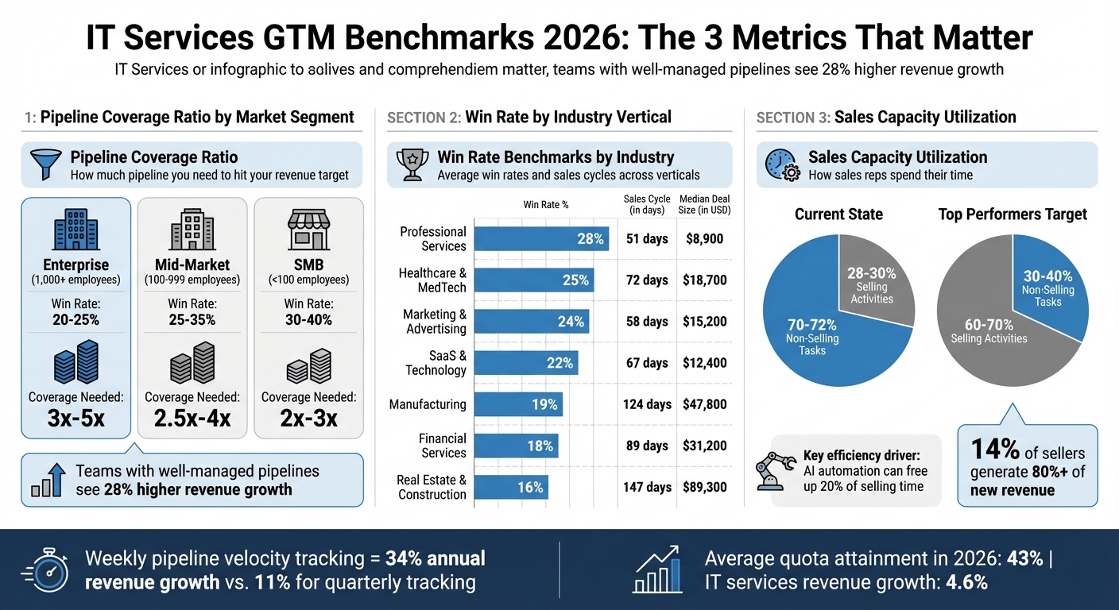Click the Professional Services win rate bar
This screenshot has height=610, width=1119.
540,239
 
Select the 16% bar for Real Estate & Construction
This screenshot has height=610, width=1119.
510,487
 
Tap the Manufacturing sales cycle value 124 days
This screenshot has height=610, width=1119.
647,404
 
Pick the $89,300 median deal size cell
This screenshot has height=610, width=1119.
704,487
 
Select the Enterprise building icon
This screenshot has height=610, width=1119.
76,230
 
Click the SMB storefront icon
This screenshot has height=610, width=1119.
308,230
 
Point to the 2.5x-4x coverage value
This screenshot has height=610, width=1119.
192,418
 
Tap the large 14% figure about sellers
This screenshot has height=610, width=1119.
995,450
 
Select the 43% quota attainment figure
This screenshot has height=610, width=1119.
1024,558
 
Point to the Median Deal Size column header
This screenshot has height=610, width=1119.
704,204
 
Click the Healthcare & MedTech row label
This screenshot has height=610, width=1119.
432,280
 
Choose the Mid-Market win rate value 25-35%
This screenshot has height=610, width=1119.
192,320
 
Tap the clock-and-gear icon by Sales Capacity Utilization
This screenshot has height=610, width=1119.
782,164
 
